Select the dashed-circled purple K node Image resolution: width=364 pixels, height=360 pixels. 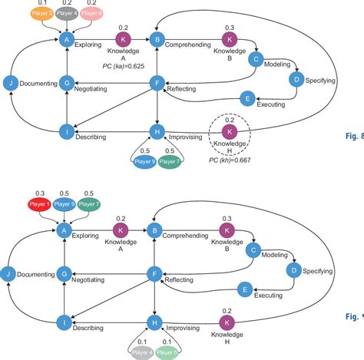pos(228,132)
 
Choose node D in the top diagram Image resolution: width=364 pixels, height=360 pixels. pos(296,79)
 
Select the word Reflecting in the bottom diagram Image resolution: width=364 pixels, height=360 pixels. pos(181,281)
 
